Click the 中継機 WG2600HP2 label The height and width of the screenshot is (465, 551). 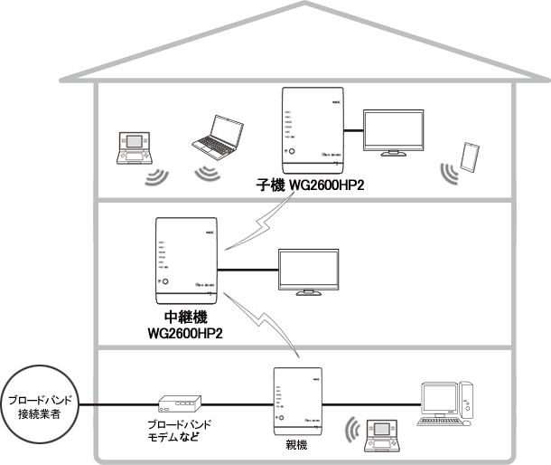pos(184,326)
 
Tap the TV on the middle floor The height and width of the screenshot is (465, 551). pos(311,270)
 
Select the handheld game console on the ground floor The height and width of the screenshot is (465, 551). pos(379,435)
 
